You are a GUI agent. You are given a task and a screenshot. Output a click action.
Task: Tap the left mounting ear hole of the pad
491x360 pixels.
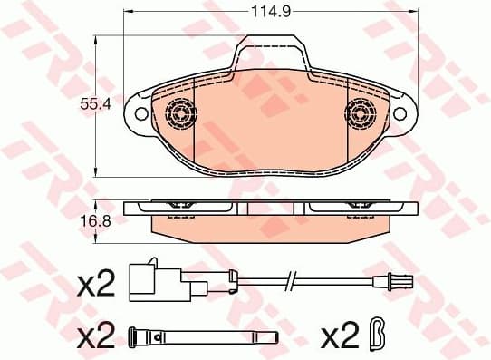(x=140, y=113)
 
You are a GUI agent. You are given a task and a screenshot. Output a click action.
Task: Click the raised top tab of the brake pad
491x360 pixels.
(x=270, y=53)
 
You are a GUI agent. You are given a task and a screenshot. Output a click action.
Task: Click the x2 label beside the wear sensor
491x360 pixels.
(x=95, y=285)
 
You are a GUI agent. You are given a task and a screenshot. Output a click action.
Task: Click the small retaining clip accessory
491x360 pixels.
(x=380, y=336)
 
